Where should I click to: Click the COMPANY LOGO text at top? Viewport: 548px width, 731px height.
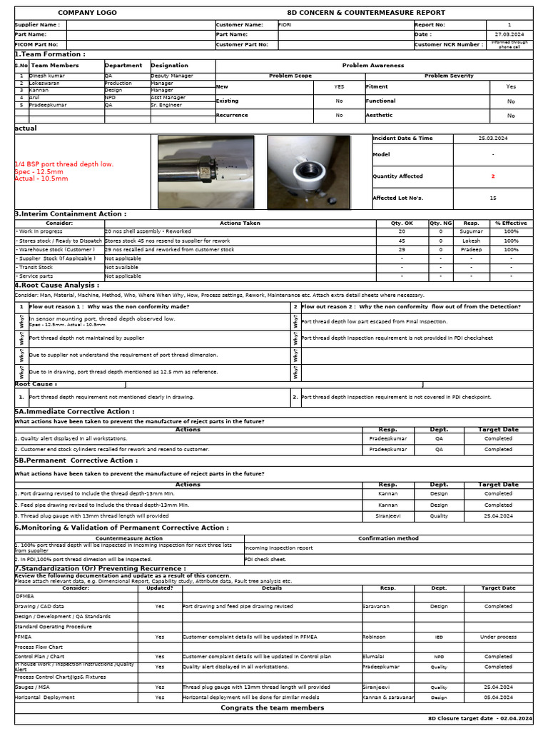click(87, 13)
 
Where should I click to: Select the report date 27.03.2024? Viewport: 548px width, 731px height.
click(509, 34)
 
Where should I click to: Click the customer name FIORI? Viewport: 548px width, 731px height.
click(285, 24)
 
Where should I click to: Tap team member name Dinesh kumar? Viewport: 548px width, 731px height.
click(47, 75)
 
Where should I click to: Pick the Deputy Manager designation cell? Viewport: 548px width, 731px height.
click(171, 75)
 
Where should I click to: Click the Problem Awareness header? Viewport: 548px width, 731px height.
click(372, 65)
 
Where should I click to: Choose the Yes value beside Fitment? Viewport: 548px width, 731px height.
click(511, 86)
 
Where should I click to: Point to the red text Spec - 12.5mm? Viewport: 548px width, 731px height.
click(39, 172)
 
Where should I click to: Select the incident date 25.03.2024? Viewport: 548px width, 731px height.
click(493, 138)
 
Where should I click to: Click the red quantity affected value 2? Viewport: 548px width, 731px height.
click(492, 176)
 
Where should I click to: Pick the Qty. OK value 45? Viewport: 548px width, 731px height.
click(402, 241)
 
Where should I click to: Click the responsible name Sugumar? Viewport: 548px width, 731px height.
click(471, 231)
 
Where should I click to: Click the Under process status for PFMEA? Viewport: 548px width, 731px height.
click(498, 637)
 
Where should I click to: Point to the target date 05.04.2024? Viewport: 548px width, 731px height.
click(498, 697)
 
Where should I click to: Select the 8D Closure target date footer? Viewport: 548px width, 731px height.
click(479, 718)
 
